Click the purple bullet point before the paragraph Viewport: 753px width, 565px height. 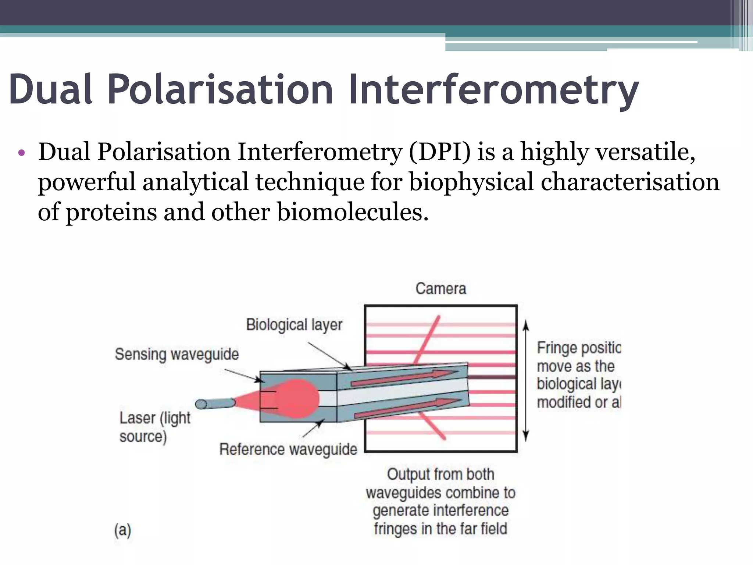tap(21, 153)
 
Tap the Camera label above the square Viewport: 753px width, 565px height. tap(440, 289)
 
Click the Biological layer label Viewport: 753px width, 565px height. tap(294, 325)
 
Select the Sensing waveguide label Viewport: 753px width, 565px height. tap(177, 354)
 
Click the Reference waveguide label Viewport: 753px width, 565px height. tap(288, 449)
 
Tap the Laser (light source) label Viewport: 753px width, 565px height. tap(154, 427)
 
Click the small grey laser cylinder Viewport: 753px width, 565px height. tap(215, 404)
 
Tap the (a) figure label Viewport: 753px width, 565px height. tap(122, 530)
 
